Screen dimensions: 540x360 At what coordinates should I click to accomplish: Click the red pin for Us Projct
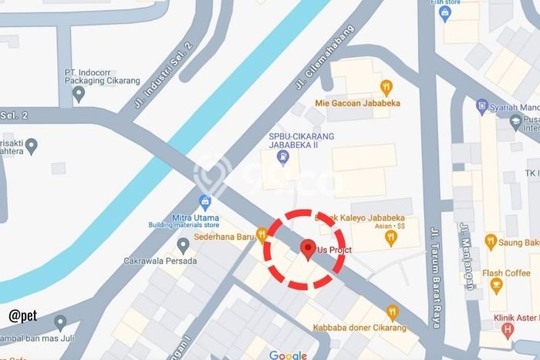[309, 248]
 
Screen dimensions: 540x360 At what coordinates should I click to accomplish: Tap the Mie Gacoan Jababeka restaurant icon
[386, 86]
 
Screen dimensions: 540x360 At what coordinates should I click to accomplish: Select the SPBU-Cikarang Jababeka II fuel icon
[284, 159]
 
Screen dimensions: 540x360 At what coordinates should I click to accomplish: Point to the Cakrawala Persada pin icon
[183, 246]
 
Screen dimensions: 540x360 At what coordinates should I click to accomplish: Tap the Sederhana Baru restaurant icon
[262, 234]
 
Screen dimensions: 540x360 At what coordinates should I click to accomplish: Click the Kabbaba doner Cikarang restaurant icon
[392, 312]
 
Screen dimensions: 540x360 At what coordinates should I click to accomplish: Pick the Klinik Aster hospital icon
[507, 331]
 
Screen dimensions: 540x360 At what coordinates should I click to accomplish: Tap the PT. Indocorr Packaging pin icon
[78, 94]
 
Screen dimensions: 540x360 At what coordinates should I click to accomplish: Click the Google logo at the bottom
[288, 355]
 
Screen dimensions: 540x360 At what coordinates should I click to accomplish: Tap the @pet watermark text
[24, 315]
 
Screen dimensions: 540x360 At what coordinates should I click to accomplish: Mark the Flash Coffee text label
[506, 273]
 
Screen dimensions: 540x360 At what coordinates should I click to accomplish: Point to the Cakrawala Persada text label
[160, 261]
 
